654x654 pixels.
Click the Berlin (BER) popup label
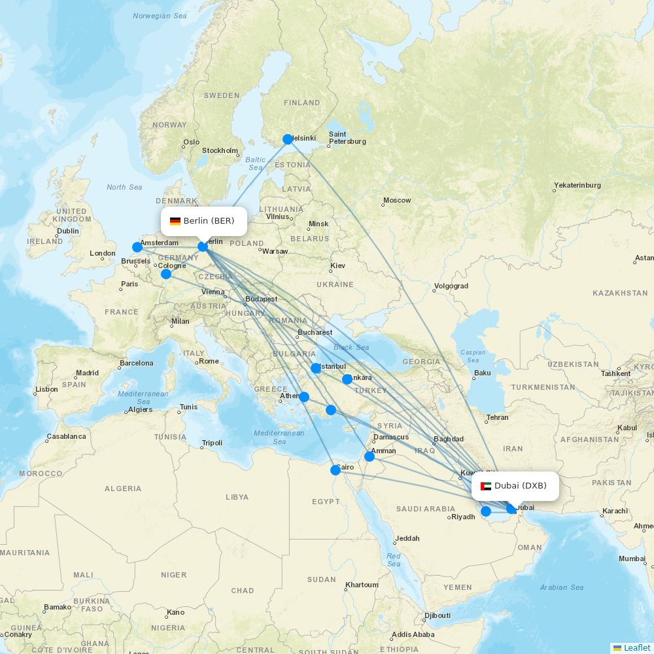(x=204, y=221)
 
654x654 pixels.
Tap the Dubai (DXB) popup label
(x=515, y=486)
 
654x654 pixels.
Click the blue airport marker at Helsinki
(x=288, y=139)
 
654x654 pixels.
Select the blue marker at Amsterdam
(x=137, y=247)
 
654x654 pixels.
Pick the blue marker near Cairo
(x=336, y=470)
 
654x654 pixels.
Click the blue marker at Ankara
(x=347, y=379)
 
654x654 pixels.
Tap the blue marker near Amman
(x=370, y=456)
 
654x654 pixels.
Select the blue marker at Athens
(x=304, y=396)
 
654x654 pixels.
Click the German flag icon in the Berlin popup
(x=175, y=221)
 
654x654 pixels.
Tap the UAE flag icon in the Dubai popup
(x=486, y=486)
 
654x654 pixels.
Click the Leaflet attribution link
(x=636, y=647)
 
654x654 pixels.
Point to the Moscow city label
(x=397, y=200)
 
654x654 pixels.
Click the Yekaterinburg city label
(x=577, y=185)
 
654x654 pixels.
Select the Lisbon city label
(x=46, y=389)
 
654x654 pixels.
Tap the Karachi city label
(x=615, y=511)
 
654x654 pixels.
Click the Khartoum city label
(x=362, y=585)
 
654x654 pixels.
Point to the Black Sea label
(x=351, y=347)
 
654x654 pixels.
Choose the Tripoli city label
(x=212, y=443)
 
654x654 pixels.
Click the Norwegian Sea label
(x=160, y=16)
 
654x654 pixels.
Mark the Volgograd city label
(x=451, y=286)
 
